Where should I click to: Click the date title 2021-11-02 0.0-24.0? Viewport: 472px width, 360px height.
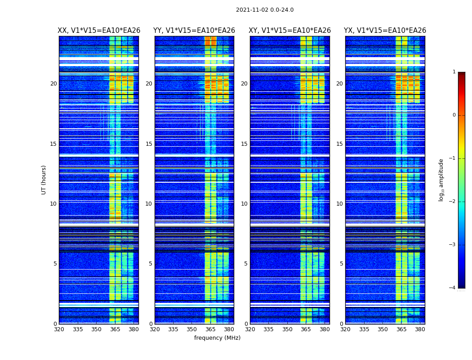(x=265, y=10)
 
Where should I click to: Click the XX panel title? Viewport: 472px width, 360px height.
(x=99, y=31)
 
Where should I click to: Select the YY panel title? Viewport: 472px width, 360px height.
(x=194, y=31)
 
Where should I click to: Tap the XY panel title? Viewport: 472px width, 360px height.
(x=290, y=31)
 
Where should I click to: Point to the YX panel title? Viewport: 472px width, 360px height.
(x=385, y=31)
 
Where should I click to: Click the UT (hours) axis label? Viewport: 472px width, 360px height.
(x=44, y=180)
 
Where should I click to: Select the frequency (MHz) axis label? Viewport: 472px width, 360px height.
(x=217, y=338)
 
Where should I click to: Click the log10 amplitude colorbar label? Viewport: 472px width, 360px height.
(x=441, y=180)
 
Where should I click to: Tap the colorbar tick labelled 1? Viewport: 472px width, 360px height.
(x=454, y=72)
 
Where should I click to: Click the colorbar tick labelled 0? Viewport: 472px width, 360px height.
(x=454, y=115)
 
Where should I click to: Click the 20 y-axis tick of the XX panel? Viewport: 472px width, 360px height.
(x=53, y=84)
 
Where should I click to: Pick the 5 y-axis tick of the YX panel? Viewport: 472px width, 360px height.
(x=341, y=264)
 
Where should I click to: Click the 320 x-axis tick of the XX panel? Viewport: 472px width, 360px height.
(x=59, y=329)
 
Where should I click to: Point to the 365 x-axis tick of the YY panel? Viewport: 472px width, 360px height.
(x=210, y=329)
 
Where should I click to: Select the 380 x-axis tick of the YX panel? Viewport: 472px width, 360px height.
(x=420, y=329)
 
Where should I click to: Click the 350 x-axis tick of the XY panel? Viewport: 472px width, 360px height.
(x=287, y=329)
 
